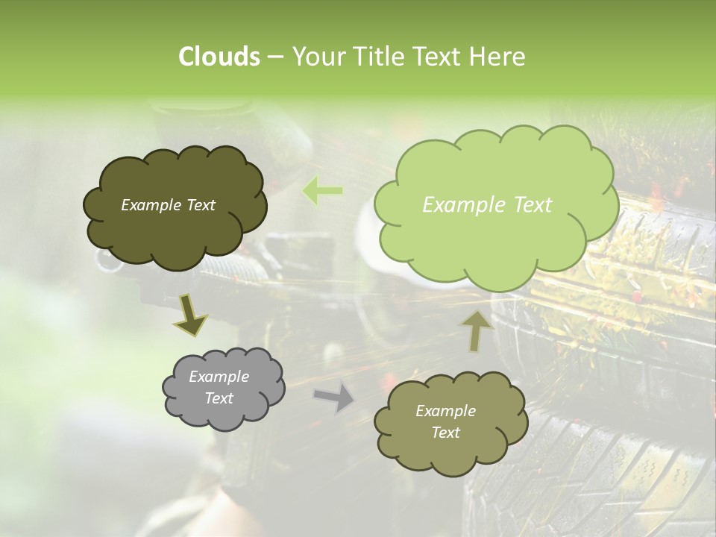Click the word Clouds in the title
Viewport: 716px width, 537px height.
point(219,57)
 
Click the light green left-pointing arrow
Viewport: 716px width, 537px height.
point(323,191)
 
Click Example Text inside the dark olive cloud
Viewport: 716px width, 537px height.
point(168,205)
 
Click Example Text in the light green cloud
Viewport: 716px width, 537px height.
point(487,205)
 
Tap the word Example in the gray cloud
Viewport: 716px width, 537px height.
point(219,377)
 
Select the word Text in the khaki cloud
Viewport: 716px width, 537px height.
point(445,433)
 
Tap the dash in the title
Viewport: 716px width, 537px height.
point(274,57)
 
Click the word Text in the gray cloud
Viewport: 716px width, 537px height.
point(219,398)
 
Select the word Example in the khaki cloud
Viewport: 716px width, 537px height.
point(445,411)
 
